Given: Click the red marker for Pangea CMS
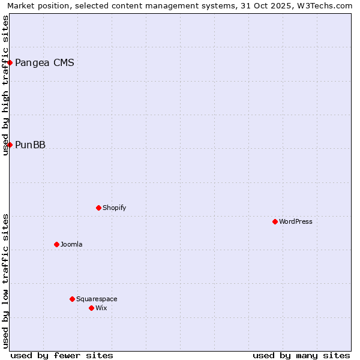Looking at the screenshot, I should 10,62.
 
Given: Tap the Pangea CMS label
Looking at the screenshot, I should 44,62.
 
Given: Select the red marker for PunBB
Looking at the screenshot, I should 10,145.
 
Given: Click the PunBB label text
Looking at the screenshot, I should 30,145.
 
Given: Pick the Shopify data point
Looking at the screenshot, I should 98,208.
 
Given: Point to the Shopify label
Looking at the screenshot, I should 114,208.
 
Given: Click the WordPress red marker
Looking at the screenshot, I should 275,221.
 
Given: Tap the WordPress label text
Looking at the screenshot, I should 295,221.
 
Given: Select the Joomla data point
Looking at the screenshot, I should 56,244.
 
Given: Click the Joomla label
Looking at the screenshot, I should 71,244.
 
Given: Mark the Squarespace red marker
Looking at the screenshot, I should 72,299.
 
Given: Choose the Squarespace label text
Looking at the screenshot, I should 97,299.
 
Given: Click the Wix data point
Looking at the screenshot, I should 91,308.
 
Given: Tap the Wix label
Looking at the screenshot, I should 101,308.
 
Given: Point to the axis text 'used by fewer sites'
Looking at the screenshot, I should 62,355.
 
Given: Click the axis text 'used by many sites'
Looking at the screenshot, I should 301,355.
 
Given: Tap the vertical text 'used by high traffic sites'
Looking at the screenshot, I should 5,85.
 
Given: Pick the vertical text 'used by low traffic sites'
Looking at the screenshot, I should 5,281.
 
